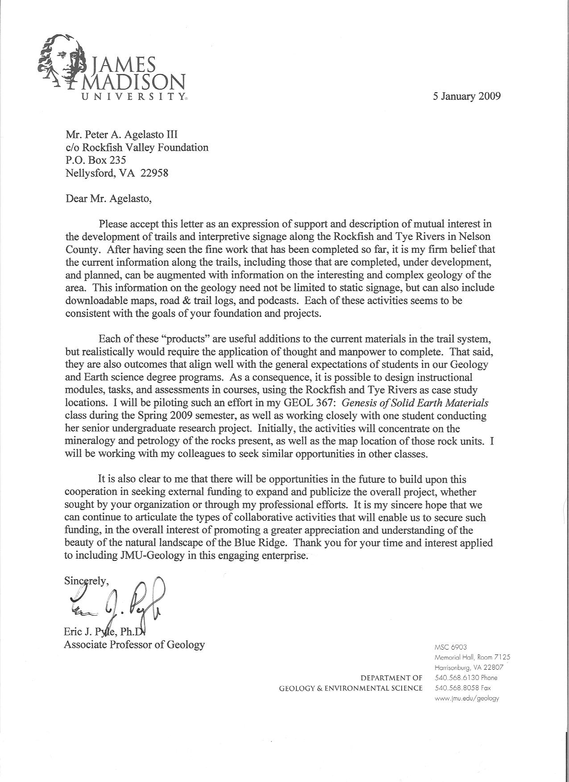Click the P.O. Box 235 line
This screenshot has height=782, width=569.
[x=96, y=160]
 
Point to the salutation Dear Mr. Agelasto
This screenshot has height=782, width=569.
[x=108, y=198]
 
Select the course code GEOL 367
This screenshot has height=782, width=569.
[x=304, y=403]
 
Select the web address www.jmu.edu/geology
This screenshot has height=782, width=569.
[x=467, y=698]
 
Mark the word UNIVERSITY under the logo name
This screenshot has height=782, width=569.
[x=132, y=96]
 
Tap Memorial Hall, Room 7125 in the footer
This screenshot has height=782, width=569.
[x=472, y=657]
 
